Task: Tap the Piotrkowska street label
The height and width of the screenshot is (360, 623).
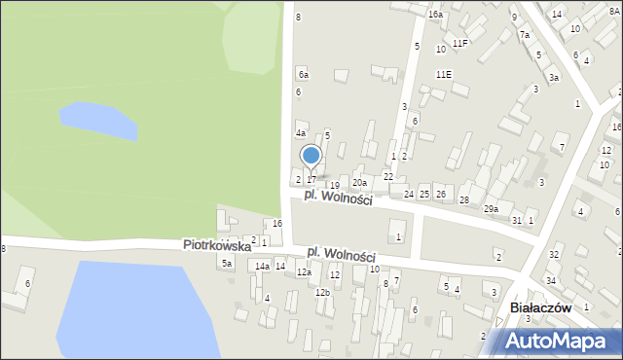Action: click(216, 246)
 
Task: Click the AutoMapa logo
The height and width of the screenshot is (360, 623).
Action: click(557, 341)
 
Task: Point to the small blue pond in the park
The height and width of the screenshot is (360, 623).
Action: click(97, 121)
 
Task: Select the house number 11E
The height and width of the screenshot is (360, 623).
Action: click(444, 74)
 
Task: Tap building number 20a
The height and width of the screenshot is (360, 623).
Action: click(359, 182)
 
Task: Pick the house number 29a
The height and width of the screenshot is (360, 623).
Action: click(491, 209)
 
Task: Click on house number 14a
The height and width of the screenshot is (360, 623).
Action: click(262, 266)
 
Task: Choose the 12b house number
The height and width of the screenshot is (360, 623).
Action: click(322, 292)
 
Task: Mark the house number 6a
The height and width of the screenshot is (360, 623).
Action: click(304, 74)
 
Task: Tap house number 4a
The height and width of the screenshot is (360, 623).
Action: click(301, 132)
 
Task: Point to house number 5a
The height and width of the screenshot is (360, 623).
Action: click(227, 263)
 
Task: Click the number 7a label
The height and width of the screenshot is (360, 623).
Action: click(524, 35)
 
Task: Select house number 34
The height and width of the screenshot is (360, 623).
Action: click(550, 280)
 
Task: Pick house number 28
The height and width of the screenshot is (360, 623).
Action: click(464, 199)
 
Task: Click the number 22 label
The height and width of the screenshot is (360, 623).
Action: click(387, 176)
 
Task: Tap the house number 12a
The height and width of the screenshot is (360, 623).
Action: click(304, 272)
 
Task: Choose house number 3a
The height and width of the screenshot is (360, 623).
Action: click(553, 77)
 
